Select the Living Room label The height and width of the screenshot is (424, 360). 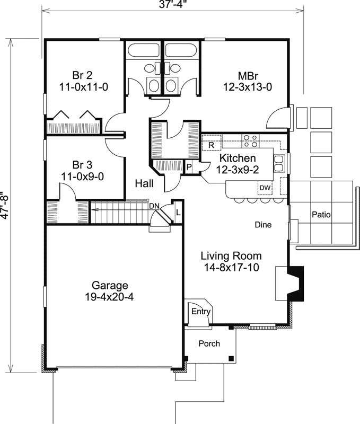231,261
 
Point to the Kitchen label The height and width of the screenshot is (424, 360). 238,163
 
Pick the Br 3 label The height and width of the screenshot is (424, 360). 83,170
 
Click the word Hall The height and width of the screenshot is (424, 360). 144,183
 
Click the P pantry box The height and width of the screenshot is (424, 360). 189,167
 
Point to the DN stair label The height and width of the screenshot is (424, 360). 154,206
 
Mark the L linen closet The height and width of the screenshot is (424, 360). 177,211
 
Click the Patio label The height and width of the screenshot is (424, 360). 321,215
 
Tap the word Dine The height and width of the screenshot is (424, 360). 263,225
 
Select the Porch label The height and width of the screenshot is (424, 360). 209,343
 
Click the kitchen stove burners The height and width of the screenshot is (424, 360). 250,141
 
